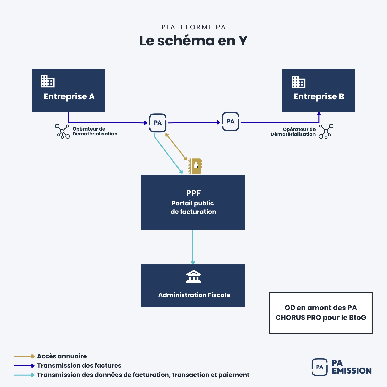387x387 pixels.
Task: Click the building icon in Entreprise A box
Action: click(47, 81)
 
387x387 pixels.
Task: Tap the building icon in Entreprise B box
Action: click(298, 82)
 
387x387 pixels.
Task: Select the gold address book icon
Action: click(195, 166)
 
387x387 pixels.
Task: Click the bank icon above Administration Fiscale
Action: click(193, 277)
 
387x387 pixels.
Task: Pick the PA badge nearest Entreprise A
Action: click(158, 123)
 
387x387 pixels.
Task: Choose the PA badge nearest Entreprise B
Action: click(230, 122)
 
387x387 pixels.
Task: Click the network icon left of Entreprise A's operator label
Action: click(62, 131)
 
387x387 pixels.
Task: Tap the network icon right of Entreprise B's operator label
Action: click(326, 132)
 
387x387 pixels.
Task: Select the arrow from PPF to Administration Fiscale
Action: click(193, 247)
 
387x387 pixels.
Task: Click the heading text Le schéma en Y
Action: click(193, 41)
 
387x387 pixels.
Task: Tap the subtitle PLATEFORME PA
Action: click(193, 27)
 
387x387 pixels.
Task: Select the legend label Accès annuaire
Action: click(62, 356)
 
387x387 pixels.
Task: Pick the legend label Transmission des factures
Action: click(79, 366)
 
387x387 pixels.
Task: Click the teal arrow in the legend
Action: click(24, 375)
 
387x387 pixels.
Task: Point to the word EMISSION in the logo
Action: click(351, 371)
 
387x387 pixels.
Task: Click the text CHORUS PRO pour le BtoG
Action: click(321, 318)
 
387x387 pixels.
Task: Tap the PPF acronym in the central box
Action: click(193, 193)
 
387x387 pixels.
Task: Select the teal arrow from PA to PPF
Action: click(168, 153)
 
